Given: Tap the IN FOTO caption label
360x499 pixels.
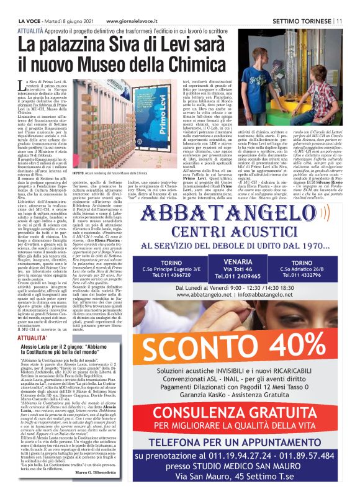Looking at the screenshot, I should pos(79,156).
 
